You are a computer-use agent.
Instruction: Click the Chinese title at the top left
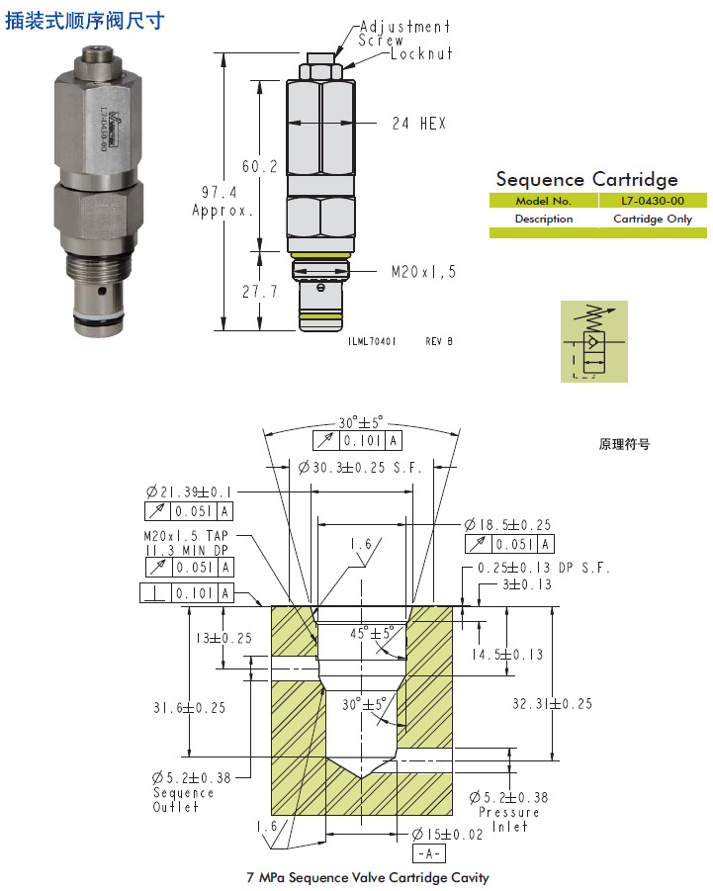(x=85, y=20)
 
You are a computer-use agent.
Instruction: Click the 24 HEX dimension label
(x=418, y=124)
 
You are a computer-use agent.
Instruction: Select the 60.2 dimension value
(x=259, y=166)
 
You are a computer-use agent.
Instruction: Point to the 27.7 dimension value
(x=259, y=293)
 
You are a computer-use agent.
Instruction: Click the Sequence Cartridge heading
(x=586, y=179)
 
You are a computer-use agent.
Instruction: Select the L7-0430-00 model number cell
(x=653, y=200)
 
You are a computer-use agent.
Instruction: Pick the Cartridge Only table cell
(x=653, y=219)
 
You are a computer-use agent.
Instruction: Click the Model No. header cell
(x=543, y=200)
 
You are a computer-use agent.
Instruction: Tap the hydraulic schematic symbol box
(x=593, y=341)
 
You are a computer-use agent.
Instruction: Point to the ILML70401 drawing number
(x=372, y=340)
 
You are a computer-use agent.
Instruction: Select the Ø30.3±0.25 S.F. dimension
(x=360, y=468)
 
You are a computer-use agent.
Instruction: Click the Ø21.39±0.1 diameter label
(x=189, y=491)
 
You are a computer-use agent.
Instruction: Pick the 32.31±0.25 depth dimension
(x=552, y=704)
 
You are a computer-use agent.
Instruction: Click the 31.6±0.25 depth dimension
(x=189, y=707)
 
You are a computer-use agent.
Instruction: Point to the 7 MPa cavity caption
(x=367, y=877)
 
